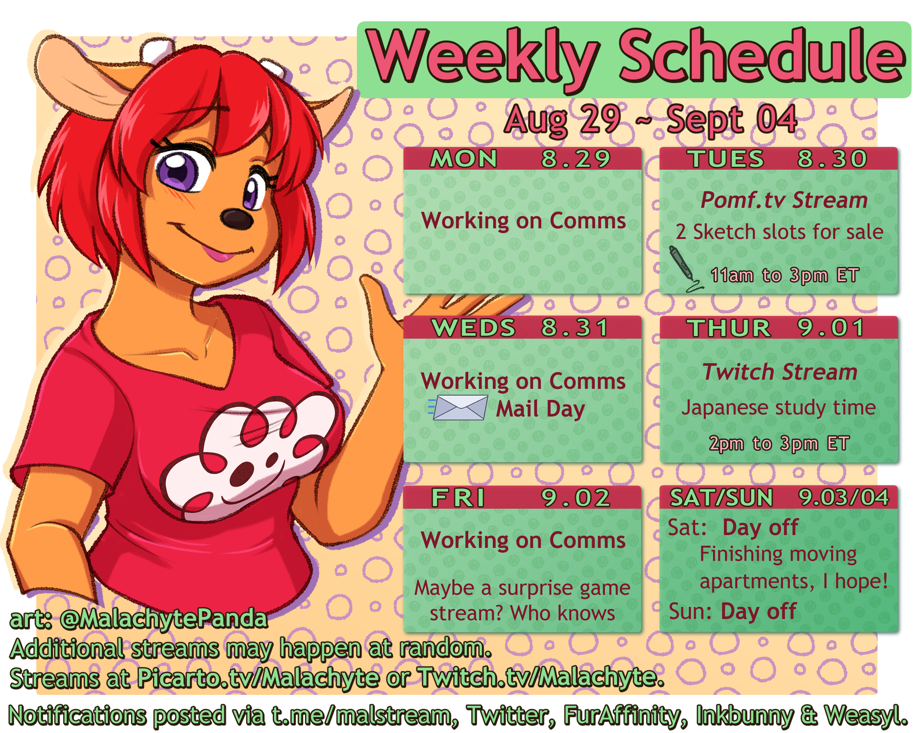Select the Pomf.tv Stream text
tap(783, 200)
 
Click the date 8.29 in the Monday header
tap(575, 159)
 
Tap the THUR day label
tap(729, 328)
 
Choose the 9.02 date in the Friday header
tap(575, 498)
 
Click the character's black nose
tap(236, 218)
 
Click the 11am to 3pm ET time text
tap(784, 275)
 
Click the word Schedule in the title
tap(761, 55)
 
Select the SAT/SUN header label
tap(721, 498)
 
